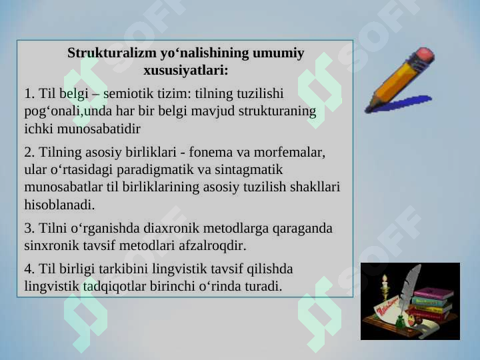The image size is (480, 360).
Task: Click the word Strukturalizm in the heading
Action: [x=112, y=53]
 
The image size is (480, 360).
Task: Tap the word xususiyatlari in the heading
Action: [x=186, y=71]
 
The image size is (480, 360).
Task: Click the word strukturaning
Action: [x=277, y=111]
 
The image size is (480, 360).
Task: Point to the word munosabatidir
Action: [x=99, y=129]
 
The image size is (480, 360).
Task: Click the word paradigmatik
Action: [x=155, y=170]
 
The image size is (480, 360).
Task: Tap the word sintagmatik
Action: [x=249, y=170]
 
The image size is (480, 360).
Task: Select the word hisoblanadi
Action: [x=59, y=205]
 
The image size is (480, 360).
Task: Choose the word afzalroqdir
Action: [x=213, y=246]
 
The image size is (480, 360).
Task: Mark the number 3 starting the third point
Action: [x=29, y=229]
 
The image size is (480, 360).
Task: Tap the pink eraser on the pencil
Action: [x=424, y=55]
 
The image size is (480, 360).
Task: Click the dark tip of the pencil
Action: [x=368, y=109]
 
